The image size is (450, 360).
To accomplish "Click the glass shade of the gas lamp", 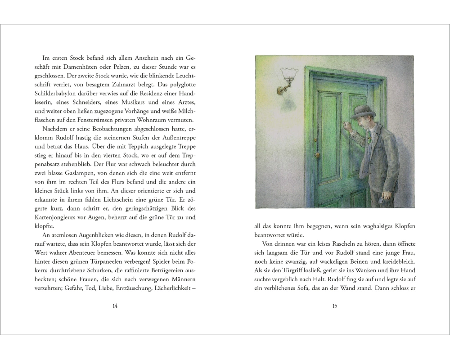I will [x=287, y=74].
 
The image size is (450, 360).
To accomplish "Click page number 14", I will [x=114, y=306].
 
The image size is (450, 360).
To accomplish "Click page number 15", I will [x=334, y=306].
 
